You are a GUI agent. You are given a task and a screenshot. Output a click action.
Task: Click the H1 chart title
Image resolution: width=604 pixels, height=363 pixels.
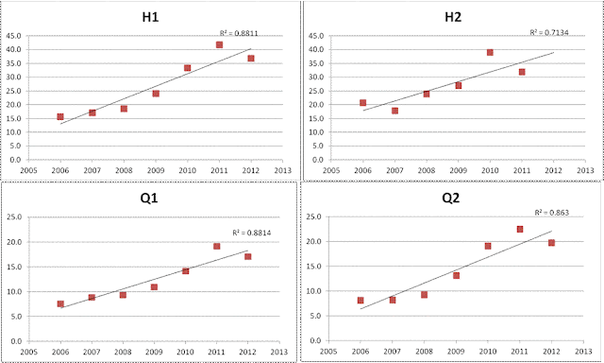pos(150,17)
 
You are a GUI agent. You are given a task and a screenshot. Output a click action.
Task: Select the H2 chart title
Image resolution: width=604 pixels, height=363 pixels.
pos(453,17)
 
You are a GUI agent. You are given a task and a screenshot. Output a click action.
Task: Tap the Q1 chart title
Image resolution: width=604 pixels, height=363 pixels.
pos(149,198)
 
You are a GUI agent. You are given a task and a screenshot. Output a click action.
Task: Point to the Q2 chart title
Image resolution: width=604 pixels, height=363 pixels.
pos(451,198)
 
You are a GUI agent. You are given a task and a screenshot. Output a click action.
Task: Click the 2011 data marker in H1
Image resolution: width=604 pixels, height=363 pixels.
pos(219,44)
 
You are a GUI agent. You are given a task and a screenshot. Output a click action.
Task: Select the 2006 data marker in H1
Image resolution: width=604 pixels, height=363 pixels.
pos(60,116)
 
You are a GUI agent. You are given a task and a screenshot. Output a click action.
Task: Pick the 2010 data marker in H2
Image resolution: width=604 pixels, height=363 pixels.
pos(490,52)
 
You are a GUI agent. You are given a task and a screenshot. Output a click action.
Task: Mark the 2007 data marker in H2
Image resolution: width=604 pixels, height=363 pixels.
pos(394,111)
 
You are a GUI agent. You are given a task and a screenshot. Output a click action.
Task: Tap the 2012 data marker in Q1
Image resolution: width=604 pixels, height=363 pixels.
pos(247,256)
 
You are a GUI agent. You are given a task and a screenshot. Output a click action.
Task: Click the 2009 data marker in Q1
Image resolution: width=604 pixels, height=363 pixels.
pos(154,286)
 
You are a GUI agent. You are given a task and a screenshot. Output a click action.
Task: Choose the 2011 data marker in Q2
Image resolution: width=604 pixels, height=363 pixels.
pos(520,229)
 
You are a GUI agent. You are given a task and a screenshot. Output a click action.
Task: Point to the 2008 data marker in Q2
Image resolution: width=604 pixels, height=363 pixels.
pos(424,295)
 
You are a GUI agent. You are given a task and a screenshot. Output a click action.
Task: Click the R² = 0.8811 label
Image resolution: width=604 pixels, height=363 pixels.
pos(239,33)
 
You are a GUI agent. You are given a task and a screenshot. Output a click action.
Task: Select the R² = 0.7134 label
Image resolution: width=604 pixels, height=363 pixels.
pos(549,32)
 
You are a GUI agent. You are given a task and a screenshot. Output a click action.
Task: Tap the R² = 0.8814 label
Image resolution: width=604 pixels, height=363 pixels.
pos(252,233)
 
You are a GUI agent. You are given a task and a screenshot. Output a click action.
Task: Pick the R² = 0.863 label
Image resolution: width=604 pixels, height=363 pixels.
pos(551,212)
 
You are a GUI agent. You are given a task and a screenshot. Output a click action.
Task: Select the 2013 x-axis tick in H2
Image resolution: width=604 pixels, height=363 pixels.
pos(585,170)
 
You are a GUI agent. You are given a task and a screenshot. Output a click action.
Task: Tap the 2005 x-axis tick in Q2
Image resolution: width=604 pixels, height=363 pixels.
pos(328,351)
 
